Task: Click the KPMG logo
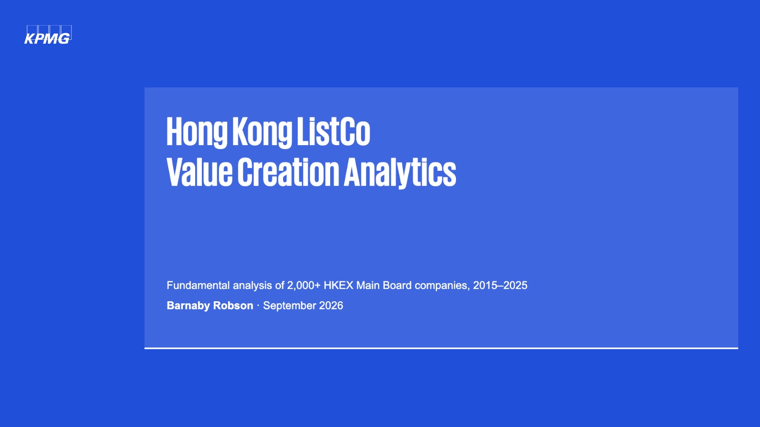pyautogui.click(x=47, y=35)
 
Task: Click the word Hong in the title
pyautogui.click(x=197, y=132)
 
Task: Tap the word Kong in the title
pyautogui.click(x=262, y=132)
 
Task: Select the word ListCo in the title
pyautogui.click(x=333, y=131)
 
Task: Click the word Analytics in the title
pyautogui.click(x=400, y=173)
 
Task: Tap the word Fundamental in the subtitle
pyautogui.click(x=198, y=285)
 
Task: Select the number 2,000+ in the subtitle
pyautogui.click(x=304, y=286)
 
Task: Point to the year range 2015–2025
pyautogui.click(x=500, y=285)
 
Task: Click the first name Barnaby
pyautogui.click(x=188, y=306)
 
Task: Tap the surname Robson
pyautogui.click(x=233, y=306)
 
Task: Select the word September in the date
pyautogui.click(x=289, y=306)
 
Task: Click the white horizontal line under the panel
pyautogui.click(x=441, y=348)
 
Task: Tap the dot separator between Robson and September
pyautogui.click(x=258, y=306)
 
